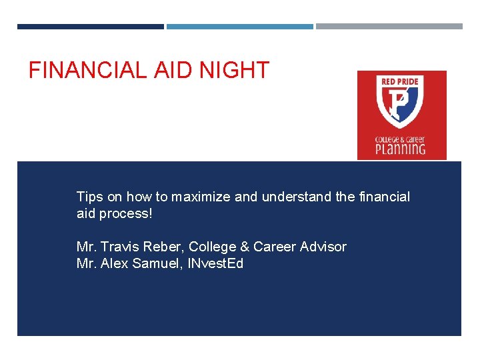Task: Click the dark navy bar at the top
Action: pos(90,27)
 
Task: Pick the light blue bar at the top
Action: pos(239,27)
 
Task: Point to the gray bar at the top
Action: pos(389,27)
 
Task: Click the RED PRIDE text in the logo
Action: pos(401,82)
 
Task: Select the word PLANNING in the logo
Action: pos(401,148)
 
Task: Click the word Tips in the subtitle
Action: pos(89,197)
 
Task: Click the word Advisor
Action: pos(323,247)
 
